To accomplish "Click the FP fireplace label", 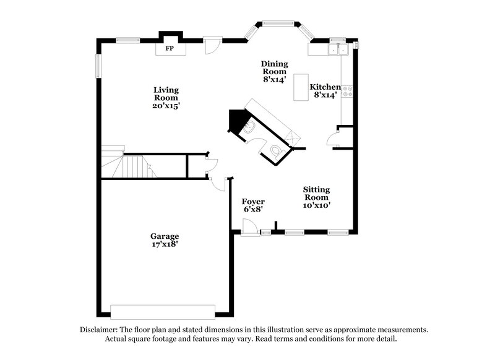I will click(168, 47).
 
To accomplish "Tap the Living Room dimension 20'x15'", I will click(166, 106).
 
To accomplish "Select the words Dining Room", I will click(274, 67).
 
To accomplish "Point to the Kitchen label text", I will click(325, 87).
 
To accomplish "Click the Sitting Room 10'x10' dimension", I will click(316, 205).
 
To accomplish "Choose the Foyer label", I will click(254, 202).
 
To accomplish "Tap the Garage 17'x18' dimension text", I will click(165, 244).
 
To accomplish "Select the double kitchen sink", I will click(339, 49).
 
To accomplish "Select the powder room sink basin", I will click(248, 127).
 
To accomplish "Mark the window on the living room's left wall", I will click(98, 66).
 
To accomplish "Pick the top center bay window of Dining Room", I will click(274, 23).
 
